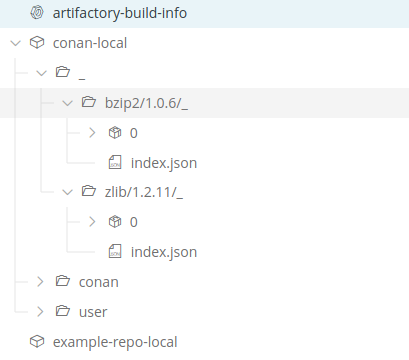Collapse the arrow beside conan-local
[13, 43]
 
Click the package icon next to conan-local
[37, 43]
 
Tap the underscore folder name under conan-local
[80, 72]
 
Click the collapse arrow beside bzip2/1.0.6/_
[67, 102]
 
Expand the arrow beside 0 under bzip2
[93, 132]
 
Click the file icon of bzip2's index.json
[114, 162]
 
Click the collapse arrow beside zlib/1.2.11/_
[67, 191]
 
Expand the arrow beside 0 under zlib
[93, 221]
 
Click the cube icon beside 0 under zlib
[114, 221]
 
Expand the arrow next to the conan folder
[40, 281]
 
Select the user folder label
[93, 311]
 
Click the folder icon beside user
[63, 311]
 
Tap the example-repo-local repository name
[115, 341]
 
